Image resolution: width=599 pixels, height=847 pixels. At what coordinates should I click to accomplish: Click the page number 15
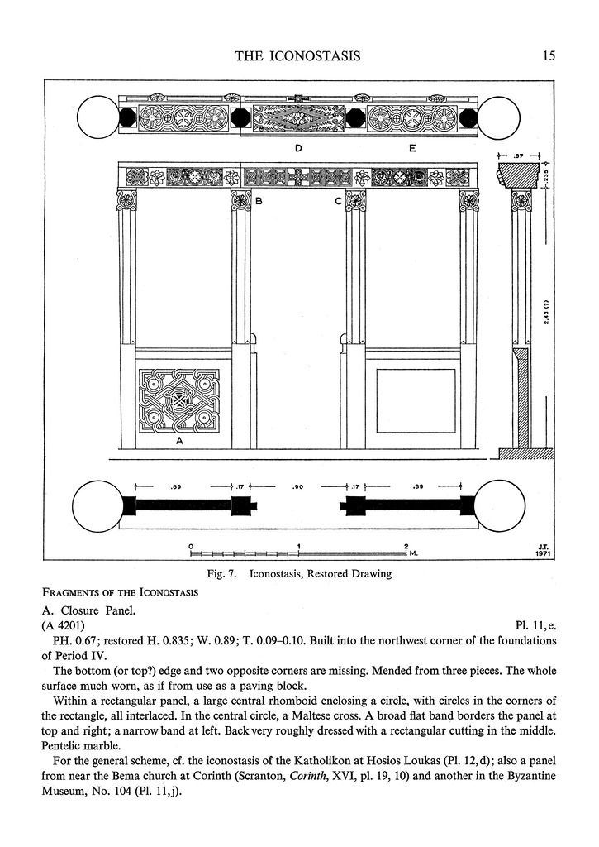click(x=549, y=56)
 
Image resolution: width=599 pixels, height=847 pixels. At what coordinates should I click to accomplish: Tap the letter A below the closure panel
click(x=178, y=442)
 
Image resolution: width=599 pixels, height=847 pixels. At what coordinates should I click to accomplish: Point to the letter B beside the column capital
click(x=259, y=201)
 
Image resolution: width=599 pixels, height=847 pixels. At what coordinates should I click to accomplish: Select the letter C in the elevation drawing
click(x=338, y=201)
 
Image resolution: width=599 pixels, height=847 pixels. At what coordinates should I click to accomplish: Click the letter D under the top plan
click(x=297, y=148)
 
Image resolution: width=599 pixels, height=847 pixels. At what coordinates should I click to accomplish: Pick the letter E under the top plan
click(x=411, y=148)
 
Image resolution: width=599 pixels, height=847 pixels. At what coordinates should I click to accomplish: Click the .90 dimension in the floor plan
click(x=298, y=487)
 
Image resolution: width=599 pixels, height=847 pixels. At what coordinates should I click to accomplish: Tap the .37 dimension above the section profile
click(x=518, y=155)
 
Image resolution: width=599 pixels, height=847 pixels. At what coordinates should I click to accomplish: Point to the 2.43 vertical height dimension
click(x=547, y=313)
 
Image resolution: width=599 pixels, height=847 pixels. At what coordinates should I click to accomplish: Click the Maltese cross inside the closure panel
click(x=178, y=404)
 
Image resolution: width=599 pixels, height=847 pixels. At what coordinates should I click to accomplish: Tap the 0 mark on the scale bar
click(x=191, y=546)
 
